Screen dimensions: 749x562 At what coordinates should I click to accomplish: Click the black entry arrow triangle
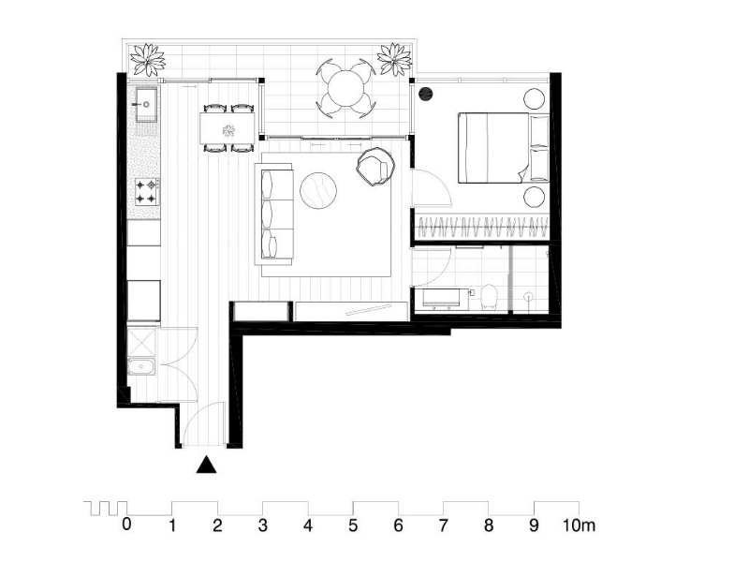tap(206, 465)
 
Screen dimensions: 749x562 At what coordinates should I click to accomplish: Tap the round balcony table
tap(346, 88)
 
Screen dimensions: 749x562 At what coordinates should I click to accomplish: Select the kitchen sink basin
tap(147, 103)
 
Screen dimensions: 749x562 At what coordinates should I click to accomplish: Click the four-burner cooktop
tap(147, 191)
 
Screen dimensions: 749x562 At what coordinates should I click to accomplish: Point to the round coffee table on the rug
tap(318, 190)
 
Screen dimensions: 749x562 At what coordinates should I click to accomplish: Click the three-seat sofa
tap(273, 214)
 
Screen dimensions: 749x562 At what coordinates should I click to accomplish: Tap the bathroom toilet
tap(489, 296)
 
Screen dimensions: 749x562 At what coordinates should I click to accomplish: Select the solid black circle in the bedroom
tap(426, 94)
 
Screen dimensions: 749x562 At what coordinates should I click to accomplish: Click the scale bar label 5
tap(353, 525)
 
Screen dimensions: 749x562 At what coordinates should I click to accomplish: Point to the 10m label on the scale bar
tap(579, 525)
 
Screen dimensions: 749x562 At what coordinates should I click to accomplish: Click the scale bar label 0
tap(126, 525)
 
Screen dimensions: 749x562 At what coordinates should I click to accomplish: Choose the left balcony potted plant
tap(148, 60)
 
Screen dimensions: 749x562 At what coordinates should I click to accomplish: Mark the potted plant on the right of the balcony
tap(394, 59)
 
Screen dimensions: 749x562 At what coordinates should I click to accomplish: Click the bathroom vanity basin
tap(441, 298)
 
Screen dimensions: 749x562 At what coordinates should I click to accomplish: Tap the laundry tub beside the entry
tap(141, 367)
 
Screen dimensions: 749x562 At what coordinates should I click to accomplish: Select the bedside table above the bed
tap(534, 99)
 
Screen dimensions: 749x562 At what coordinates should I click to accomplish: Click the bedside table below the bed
tap(534, 197)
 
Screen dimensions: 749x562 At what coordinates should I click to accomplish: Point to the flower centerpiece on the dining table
tap(228, 129)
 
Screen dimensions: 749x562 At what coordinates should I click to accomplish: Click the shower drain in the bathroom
tap(528, 296)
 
